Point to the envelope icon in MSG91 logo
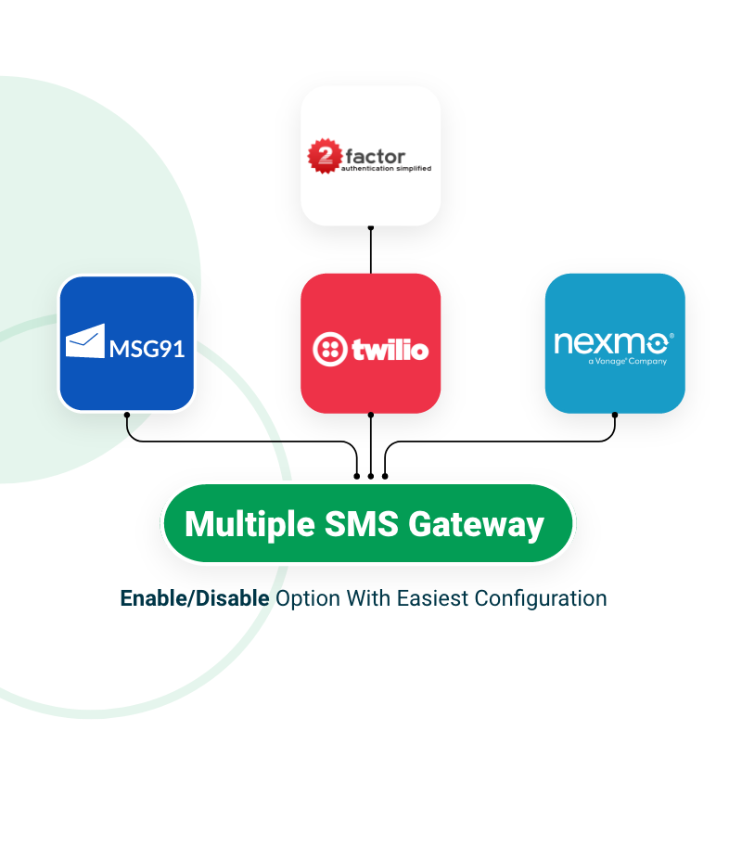[85, 341]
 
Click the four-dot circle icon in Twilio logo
[329, 350]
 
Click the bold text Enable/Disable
[195, 598]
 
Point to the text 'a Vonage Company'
[627, 362]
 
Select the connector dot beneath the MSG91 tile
[127, 415]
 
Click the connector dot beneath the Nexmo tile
[615, 415]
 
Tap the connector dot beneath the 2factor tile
[371, 227]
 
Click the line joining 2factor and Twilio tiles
[371, 250]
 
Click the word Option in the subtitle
[308, 598]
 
